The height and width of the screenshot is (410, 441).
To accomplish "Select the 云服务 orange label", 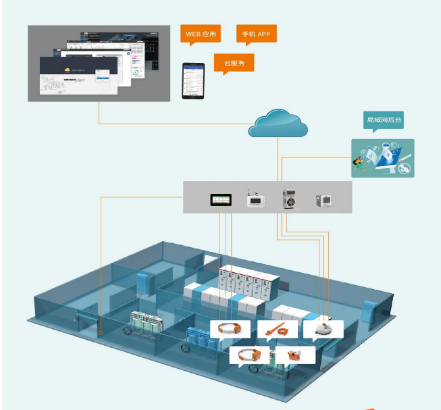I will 234,63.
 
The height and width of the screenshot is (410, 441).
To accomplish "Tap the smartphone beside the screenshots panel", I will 193,80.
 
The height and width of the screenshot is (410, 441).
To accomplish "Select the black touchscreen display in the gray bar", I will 221,199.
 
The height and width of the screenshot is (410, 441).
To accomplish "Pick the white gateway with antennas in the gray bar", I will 256,198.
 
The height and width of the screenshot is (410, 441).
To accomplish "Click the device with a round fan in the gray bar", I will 290,199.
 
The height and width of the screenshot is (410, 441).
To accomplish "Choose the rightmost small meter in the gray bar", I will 323,200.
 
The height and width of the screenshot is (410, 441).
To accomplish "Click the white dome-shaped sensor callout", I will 323,329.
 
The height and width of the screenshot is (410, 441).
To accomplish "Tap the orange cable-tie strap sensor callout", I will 277,329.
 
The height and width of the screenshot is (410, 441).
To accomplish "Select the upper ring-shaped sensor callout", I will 231,329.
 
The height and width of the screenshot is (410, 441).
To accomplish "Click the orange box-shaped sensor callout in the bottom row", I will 295,354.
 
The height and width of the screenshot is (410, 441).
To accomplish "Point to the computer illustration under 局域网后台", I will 382,159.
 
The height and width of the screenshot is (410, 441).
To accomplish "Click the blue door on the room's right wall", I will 367,310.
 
